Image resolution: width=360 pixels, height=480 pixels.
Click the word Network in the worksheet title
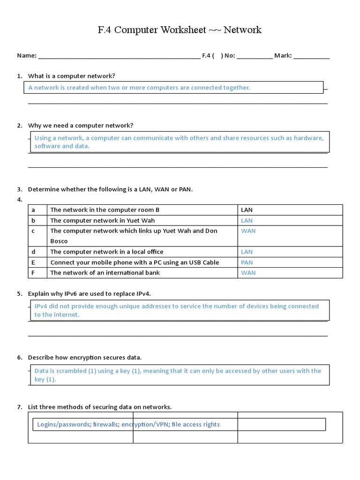click(x=242, y=30)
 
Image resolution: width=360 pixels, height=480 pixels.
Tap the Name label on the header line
click(x=27, y=56)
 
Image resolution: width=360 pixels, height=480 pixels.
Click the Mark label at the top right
click(x=283, y=56)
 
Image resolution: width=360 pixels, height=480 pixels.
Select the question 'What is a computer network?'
click(x=71, y=76)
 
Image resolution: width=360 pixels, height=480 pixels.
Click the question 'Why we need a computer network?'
click(x=81, y=126)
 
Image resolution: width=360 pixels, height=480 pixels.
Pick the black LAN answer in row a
click(x=247, y=210)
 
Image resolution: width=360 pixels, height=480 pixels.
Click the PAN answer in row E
click(x=247, y=262)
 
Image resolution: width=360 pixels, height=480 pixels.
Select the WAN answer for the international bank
click(x=248, y=273)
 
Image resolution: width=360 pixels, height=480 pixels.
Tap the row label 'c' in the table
click(x=33, y=231)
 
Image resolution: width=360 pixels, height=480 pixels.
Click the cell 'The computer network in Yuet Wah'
click(x=102, y=220)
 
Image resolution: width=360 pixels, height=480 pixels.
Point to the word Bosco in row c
click(x=59, y=241)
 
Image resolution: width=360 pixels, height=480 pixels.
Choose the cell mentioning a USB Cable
click(x=135, y=262)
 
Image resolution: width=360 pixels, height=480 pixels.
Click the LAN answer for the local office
click(x=247, y=252)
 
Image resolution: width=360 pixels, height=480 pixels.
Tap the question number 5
click(x=20, y=294)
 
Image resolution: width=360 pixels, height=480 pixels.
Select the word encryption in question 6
click(x=85, y=358)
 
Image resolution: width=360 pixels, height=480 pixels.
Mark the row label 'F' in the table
click(x=33, y=273)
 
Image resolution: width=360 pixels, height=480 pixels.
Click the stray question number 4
click(x=20, y=200)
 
